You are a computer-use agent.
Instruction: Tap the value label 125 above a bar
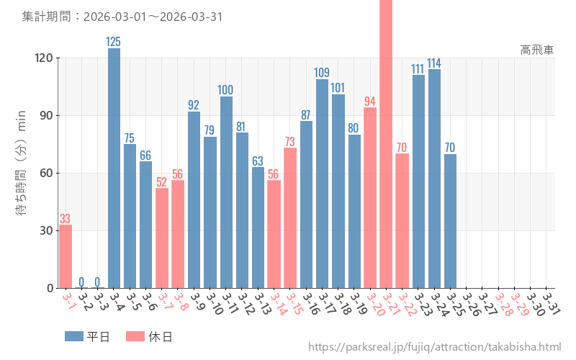(x=114, y=42)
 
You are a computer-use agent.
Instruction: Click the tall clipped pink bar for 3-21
(x=386, y=144)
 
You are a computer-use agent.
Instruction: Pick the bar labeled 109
(x=322, y=184)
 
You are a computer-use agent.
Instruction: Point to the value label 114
(x=434, y=63)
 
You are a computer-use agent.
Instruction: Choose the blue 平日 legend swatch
(x=74, y=336)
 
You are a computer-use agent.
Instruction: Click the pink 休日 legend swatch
(x=135, y=336)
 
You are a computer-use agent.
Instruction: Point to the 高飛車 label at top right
(x=537, y=50)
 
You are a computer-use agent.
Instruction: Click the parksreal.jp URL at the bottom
(x=434, y=347)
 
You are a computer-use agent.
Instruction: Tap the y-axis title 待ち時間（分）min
(x=22, y=163)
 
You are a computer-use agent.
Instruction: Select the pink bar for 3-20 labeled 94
(x=370, y=197)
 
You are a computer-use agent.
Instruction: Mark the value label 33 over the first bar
(x=65, y=219)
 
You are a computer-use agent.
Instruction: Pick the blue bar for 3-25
(x=450, y=220)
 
